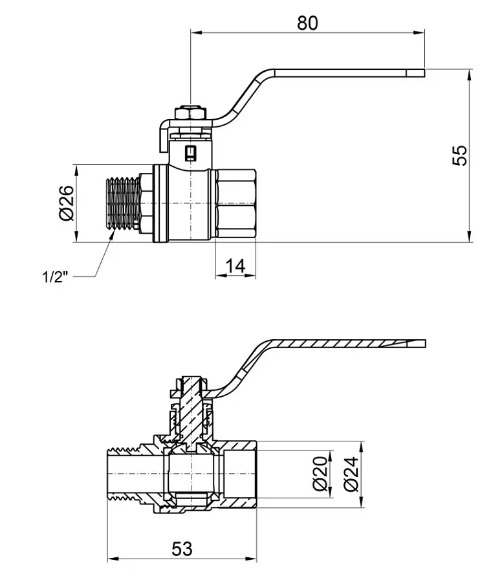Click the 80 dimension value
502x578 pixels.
(x=307, y=23)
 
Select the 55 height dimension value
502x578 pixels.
(x=459, y=155)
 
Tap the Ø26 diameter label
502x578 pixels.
(x=67, y=203)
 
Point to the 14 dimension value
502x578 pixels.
(x=235, y=266)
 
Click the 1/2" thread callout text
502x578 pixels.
(x=55, y=276)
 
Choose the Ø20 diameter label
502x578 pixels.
(x=320, y=473)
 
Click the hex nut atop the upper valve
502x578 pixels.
(x=190, y=113)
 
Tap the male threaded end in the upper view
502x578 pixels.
(x=123, y=204)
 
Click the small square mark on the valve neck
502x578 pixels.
(x=190, y=151)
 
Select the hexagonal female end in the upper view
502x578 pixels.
(x=235, y=203)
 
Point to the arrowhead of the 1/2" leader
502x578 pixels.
(x=111, y=234)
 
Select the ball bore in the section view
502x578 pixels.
(x=191, y=474)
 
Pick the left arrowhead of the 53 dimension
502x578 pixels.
(x=113, y=559)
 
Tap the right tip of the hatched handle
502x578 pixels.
(x=426, y=344)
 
